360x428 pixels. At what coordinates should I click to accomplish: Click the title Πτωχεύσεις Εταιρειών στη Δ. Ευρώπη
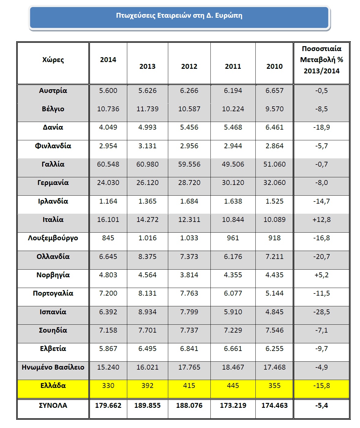point(179,16)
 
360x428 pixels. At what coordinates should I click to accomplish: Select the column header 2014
point(108,60)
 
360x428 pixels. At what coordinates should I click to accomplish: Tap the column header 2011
point(233,66)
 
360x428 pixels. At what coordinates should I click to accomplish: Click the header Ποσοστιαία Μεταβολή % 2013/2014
point(321,60)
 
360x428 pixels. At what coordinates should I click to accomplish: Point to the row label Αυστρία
point(53,91)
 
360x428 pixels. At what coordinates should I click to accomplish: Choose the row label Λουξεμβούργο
point(53,238)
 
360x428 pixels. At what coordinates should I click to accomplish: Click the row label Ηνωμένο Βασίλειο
point(53,367)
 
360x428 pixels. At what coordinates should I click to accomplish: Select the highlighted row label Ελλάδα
point(53,386)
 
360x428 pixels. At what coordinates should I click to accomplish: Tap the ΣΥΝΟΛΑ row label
point(53,406)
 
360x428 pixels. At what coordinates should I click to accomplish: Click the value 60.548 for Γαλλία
point(108,164)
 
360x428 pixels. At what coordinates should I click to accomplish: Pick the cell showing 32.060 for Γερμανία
point(274,183)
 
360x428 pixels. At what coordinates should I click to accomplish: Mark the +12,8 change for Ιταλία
point(321,220)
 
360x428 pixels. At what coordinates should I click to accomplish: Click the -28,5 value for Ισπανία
point(321,312)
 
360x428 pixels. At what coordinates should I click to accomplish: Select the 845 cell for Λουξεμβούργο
point(108,238)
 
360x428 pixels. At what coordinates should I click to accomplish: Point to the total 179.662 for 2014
point(108,406)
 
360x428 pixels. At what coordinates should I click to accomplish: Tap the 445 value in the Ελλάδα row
point(233,386)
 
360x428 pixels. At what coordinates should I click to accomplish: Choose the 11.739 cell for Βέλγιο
point(147,109)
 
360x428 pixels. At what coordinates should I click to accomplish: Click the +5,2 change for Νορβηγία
point(321,275)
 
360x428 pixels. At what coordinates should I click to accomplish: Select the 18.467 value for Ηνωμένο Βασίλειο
point(233,367)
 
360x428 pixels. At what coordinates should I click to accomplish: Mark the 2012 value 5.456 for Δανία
point(189,127)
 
